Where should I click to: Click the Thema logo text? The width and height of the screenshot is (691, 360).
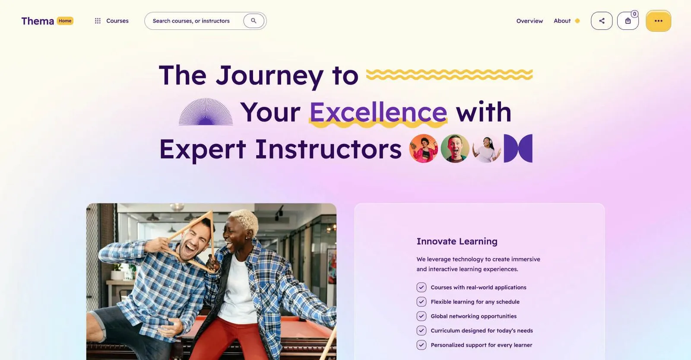[x=38, y=21]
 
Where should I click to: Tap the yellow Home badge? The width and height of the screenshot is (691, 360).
[x=65, y=21]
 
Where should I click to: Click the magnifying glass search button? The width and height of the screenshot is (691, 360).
[x=254, y=21]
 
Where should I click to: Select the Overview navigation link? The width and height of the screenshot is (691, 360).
[x=529, y=21]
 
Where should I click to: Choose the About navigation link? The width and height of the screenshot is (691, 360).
[x=562, y=21]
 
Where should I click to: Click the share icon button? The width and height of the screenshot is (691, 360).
[x=602, y=21]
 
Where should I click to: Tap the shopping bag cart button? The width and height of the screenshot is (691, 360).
[x=628, y=21]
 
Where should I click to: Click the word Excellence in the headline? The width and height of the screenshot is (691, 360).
[x=378, y=112]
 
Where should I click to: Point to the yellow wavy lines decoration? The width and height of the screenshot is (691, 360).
[x=449, y=75]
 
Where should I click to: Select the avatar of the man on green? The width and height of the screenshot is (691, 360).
[x=455, y=148]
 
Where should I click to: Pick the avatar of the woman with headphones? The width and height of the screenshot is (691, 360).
[x=486, y=148]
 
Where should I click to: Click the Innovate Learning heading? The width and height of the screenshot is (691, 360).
[x=456, y=241]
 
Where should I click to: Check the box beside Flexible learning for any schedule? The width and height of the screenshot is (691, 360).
[x=421, y=302]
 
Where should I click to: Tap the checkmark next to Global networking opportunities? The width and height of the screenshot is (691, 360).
[x=421, y=316]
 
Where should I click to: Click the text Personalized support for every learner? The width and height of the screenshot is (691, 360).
[x=481, y=345]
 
